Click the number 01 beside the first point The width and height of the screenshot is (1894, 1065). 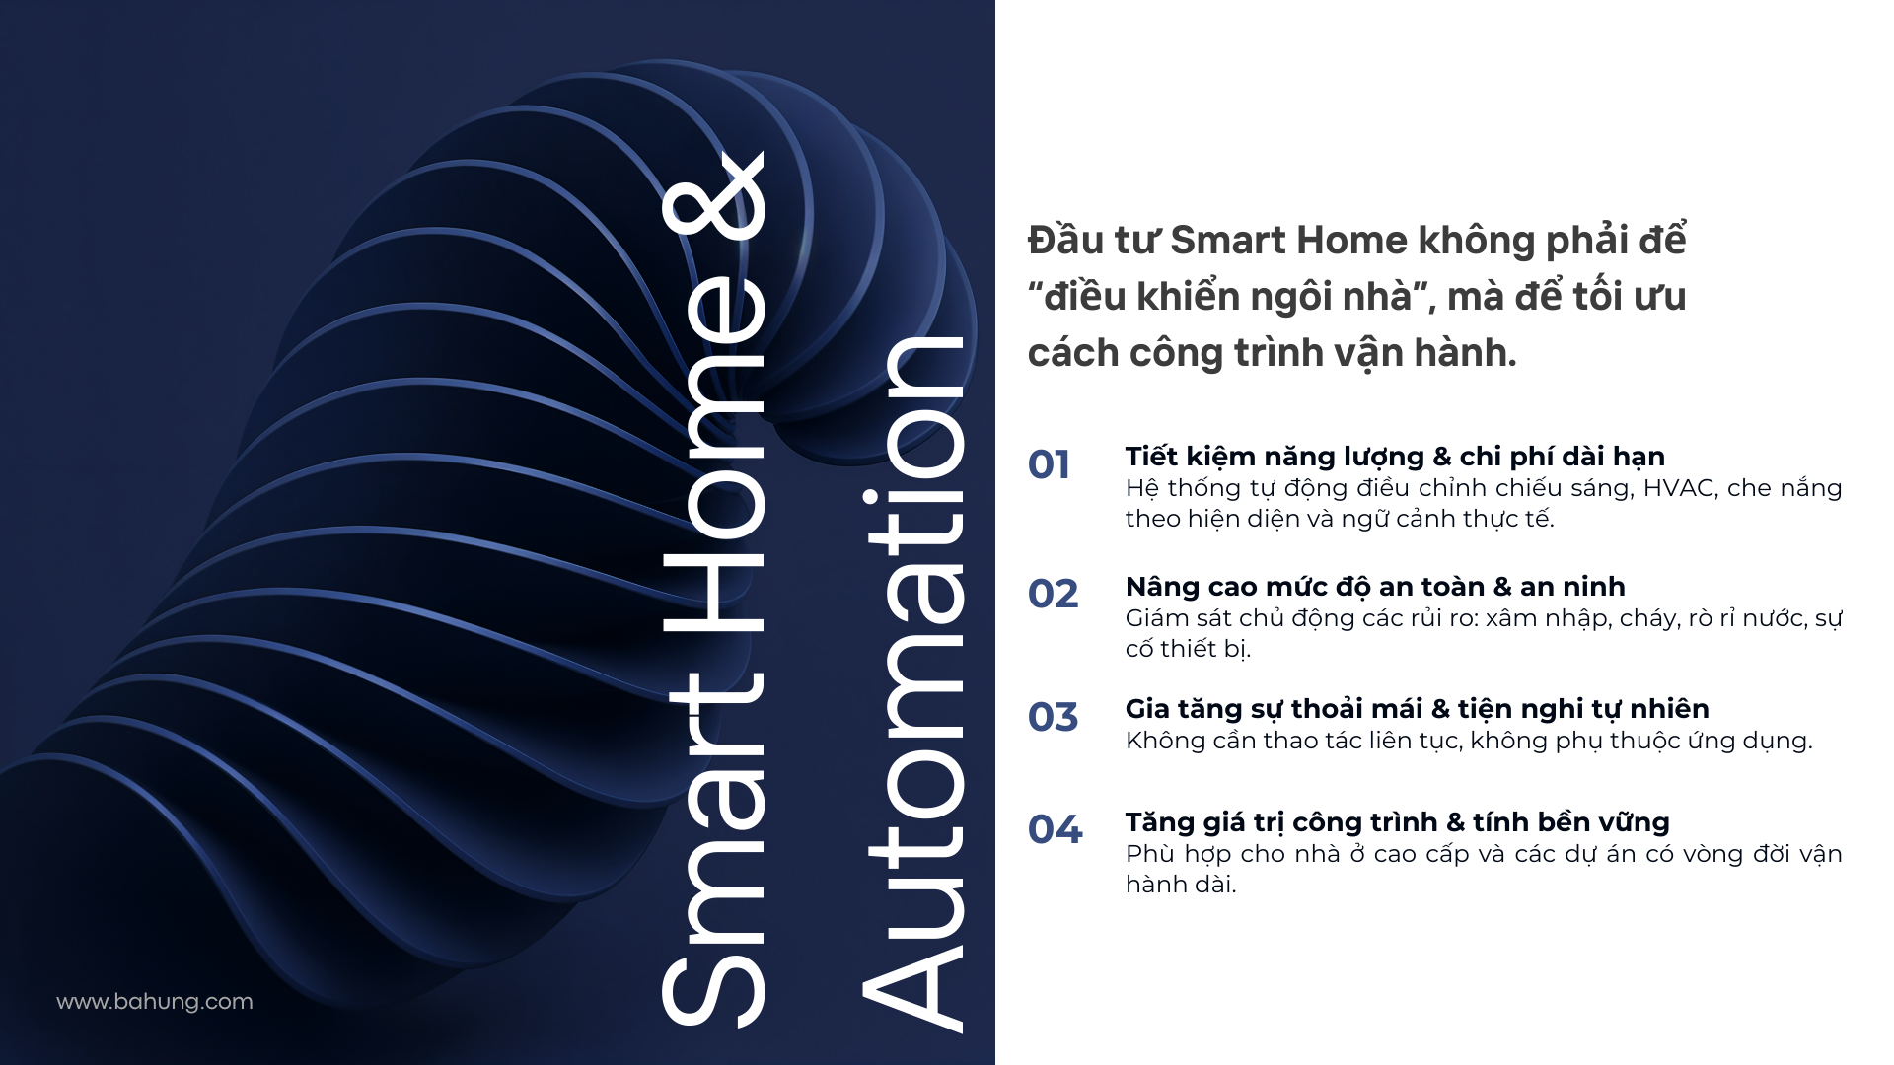pyautogui.click(x=1049, y=464)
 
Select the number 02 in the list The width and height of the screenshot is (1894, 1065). pyautogui.click(x=1053, y=594)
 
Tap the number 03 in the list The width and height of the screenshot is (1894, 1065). pyautogui.click(x=1053, y=717)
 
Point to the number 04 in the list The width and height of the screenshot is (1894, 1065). pyautogui.click(x=1055, y=829)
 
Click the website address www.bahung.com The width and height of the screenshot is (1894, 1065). pyautogui.click(x=155, y=1002)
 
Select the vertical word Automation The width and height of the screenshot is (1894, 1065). pyautogui.click(x=912, y=684)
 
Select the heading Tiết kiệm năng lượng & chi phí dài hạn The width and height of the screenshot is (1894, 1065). pyautogui.click(x=1395, y=457)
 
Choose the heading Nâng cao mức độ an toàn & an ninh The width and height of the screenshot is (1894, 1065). pyautogui.click(x=1375, y=587)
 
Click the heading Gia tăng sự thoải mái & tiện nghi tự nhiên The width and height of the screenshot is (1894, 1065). pyautogui.click(x=1417, y=709)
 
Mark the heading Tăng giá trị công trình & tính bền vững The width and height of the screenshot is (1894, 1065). pyautogui.click(x=1397, y=822)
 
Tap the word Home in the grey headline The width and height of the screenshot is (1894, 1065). pyautogui.click(x=1351, y=241)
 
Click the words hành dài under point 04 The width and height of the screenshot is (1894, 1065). pyautogui.click(x=1181, y=885)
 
